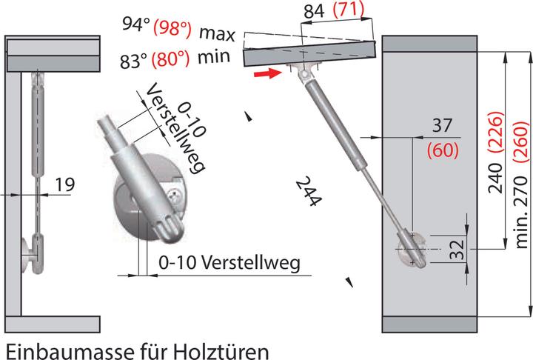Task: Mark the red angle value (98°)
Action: coord(172,30)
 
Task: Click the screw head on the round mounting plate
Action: coord(175,196)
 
